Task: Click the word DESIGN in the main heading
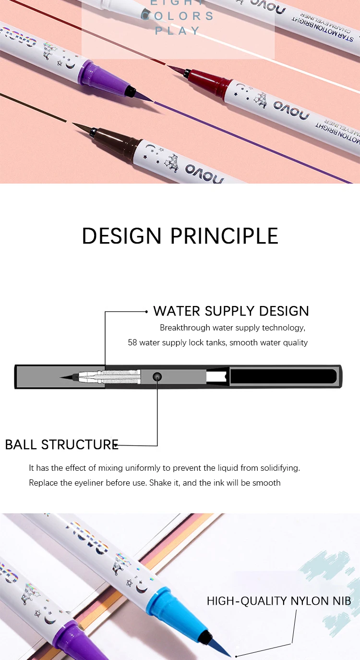[122, 236]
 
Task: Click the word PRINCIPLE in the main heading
[225, 236]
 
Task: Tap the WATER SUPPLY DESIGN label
[231, 311]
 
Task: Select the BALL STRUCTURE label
[61, 444]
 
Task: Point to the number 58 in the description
[132, 342]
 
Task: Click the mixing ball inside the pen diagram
[157, 377]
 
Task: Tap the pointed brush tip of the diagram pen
[65, 377]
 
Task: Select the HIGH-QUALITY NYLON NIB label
[279, 601]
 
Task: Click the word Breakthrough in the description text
[184, 328]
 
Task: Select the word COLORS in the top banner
[177, 16]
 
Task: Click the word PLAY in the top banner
[177, 31]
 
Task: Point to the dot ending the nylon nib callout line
[236, 656]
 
